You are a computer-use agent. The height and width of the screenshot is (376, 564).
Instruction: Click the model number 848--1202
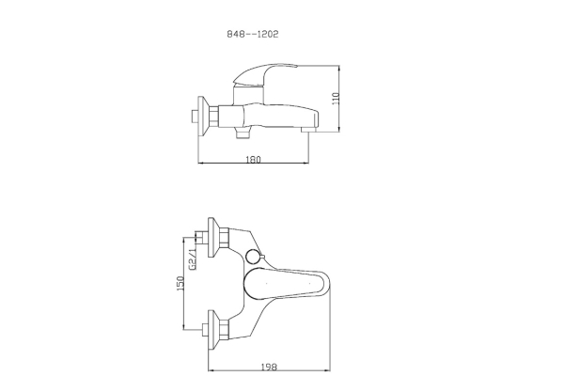[253, 34]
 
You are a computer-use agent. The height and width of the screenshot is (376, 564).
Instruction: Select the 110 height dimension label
[336, 99]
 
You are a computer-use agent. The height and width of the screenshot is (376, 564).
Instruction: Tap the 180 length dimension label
[253, 159]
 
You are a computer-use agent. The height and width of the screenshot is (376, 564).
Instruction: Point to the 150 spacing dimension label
[180, 283]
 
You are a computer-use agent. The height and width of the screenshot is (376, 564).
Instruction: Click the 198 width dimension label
[269, 367]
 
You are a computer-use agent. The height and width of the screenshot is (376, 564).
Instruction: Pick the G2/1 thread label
[193, 258]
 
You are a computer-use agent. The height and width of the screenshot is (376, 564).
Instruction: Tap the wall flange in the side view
[203, 117]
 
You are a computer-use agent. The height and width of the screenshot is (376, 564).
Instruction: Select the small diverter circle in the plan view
[252, 257]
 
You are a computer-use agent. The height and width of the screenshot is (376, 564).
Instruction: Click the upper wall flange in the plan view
[213, 237]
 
